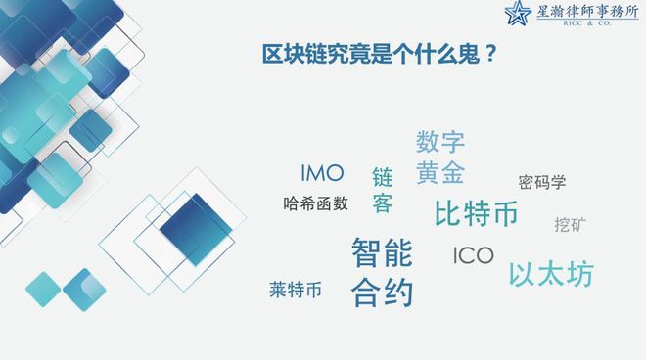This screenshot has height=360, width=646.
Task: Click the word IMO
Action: pos(322,174)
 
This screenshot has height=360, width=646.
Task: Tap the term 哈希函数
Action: pos(315,203)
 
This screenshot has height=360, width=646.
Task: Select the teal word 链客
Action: pos(382,191)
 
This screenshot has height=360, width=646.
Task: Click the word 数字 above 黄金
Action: pos(439,142)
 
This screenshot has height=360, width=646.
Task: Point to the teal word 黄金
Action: pos(439,173)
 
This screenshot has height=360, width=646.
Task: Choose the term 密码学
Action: pos(541,182)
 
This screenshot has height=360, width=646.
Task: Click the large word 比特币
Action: pos(476,212)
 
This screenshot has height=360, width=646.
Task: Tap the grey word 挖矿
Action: pos(570,225)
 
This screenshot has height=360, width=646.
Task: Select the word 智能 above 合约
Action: pos(382,252)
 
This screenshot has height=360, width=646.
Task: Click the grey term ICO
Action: pos(473,256)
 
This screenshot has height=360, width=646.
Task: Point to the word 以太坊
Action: pos(550,274)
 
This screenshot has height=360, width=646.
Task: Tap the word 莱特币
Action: pos(296,290)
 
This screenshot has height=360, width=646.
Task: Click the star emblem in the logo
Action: pos(518,15)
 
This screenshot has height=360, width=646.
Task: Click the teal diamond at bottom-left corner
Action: pos(43,289)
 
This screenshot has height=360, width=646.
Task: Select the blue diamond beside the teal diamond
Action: pos(83,290)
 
